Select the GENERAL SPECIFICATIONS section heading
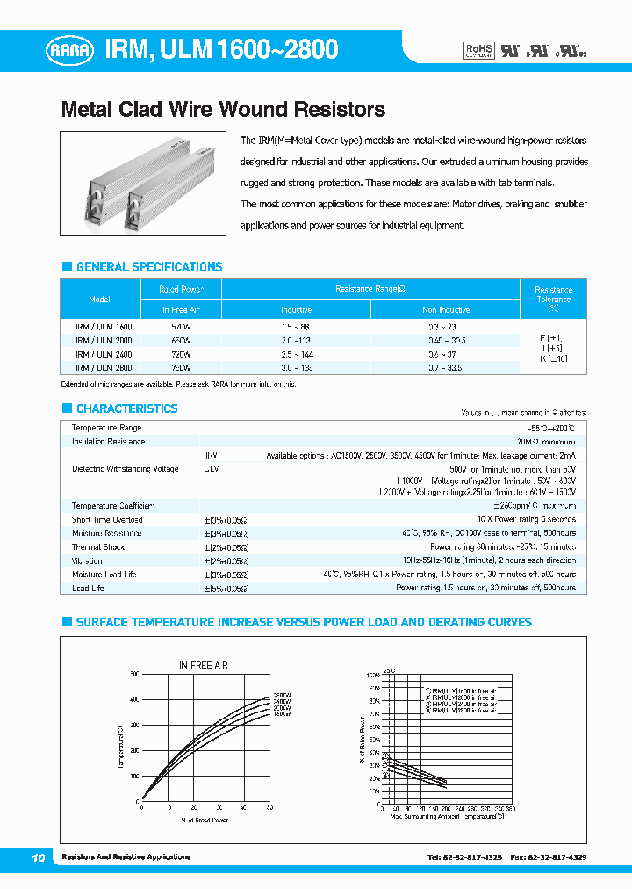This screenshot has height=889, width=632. pyautogui.click(x=149, y=267)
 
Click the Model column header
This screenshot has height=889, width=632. pyautogui.click(x=100, y=300)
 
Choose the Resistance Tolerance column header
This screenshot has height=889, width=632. pyautogui.click(x=553, y=299)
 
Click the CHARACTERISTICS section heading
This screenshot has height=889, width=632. pyautogui.click(x=126, y=408)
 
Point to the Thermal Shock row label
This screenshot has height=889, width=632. pyautogui.click(x=98, y=546)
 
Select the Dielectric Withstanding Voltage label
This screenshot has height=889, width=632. pyautogui.click(x=125, y=469)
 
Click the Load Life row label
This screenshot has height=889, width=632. pyautogui.click(x=88, y=588)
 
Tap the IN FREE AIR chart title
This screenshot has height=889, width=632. pyautogui.click(x=204, y=665)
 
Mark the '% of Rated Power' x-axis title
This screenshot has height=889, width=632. pyautogui.click(x=205, y=820)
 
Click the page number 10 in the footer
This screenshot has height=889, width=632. pyautogui.click(x=38, y=856)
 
